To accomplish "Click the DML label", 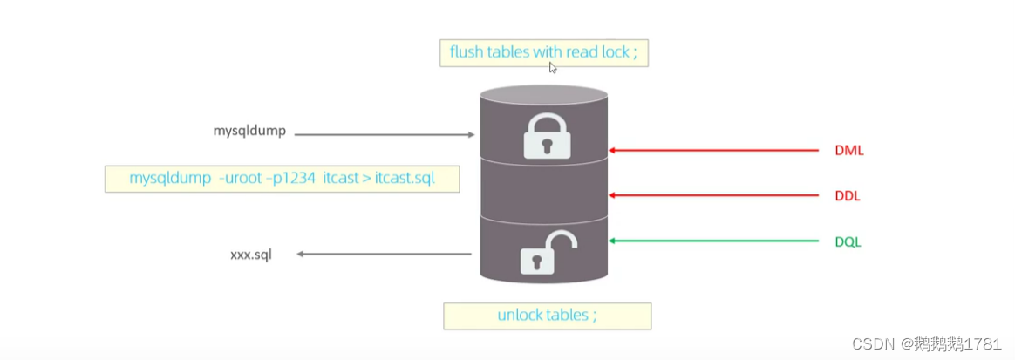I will (x=848, y=151).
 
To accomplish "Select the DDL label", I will (x=847, y=196).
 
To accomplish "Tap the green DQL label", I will (x=848, y=241).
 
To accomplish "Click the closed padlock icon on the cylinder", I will (x=545, y=136).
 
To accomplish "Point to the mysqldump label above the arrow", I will (x=249, y=132).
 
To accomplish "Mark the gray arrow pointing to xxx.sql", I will (x=384, y=255).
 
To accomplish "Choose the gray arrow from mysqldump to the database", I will (x=384, y=135).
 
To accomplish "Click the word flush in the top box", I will (x=467, y=52).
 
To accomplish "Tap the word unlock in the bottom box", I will (x=520, y=315).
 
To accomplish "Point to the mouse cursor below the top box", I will (x=553, y=68).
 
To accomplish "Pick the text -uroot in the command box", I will (x=241, y=179).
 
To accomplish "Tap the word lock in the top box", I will (x=616, y=52).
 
